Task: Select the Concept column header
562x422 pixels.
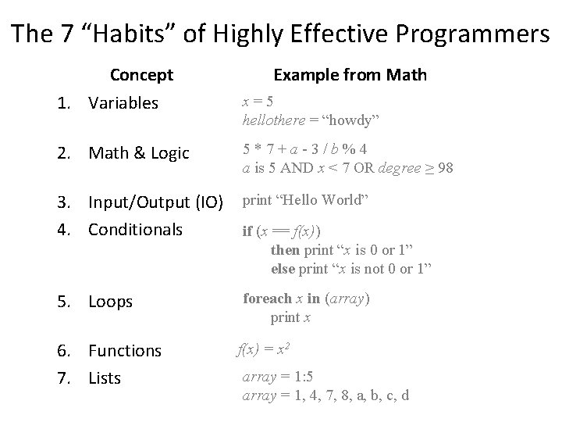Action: [x=141, y=75]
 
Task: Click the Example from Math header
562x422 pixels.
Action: [x=350, y=75]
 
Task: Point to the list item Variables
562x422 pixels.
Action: [x=123, y=103]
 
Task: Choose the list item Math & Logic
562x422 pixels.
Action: [x=139, y=153]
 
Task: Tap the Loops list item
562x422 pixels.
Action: [x=110, y=302]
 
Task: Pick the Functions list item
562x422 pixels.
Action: [x=125, y=351]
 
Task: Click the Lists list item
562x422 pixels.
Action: [x=105, y=378]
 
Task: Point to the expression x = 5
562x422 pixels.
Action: [x=258, y=102]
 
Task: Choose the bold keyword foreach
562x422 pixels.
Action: [x=267, y=299]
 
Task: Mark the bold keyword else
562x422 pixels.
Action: [x=283, y=269]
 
